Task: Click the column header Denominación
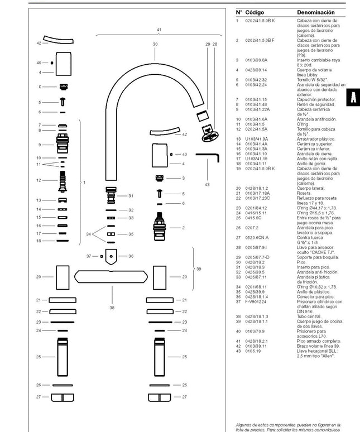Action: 315,12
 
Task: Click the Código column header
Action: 255,12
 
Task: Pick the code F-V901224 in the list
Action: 257,303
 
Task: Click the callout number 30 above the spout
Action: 155,43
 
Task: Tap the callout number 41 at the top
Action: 159,29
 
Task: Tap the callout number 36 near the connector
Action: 131,256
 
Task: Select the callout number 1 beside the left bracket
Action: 84,183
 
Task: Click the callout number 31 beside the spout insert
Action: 131,195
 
